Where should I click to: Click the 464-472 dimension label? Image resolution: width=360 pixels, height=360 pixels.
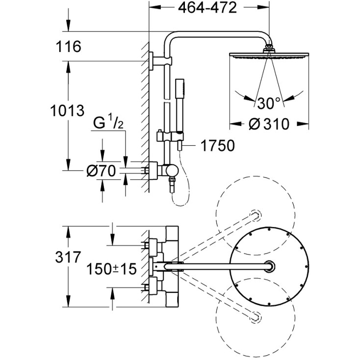(207, 8)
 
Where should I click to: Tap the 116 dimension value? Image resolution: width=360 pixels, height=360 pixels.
(68, 47)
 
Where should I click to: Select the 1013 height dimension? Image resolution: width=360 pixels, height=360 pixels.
(68, 110)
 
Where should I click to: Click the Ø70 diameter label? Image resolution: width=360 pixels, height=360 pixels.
(101, 171)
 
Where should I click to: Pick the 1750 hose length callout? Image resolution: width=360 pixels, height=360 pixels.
(218, 145)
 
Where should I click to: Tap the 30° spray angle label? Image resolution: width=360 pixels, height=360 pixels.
(269, 103)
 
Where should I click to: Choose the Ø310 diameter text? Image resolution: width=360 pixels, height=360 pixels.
(269, 124)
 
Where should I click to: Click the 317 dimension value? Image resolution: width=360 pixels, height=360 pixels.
(68, 257)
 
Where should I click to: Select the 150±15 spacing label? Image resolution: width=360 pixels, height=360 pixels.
(111, 269)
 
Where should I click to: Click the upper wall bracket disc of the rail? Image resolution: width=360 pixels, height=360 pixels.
(151, 61)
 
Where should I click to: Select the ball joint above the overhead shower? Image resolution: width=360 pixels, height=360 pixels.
(269, 47)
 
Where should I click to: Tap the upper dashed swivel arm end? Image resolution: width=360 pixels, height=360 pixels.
(256, 216)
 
